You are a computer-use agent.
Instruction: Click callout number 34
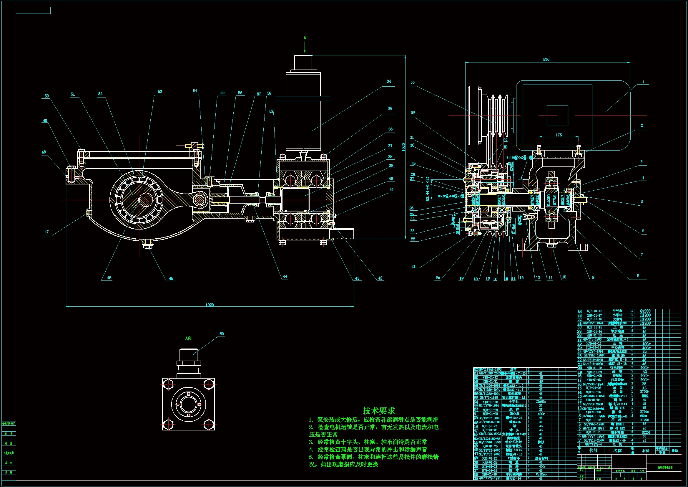(389, 81)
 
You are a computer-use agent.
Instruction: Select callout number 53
(160, 92)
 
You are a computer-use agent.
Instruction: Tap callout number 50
(47, 96)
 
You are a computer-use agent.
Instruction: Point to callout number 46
(109, 278)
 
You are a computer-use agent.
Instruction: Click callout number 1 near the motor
(643, 82)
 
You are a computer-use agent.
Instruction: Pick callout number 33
(413, 82)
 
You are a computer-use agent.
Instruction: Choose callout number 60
(222, 334)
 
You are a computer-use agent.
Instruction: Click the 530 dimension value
(546, 60)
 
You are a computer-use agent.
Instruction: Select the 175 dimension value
(559, 135)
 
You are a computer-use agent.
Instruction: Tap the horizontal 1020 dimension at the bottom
(210, 305)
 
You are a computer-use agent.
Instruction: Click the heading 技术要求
(379, 410)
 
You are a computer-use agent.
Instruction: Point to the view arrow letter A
(305, 37)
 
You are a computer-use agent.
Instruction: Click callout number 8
(638, 276)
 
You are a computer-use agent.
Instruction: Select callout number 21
(413, 266)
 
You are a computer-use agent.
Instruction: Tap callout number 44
(285, 277)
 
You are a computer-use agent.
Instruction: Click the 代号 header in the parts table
(593, 450)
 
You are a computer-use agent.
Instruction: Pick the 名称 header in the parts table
(618, 450)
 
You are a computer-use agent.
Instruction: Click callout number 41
(391, 190)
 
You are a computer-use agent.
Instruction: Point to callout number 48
(44, 152)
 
